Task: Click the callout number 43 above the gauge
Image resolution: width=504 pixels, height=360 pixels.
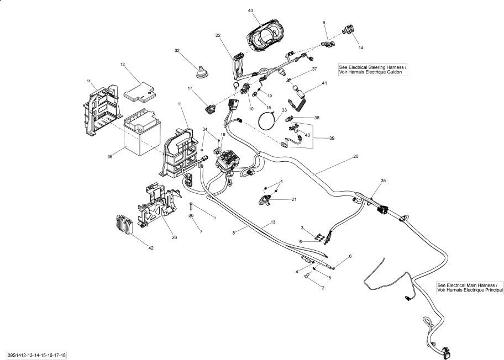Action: [250, 10]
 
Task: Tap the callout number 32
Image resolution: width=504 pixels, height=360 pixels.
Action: [177, 50]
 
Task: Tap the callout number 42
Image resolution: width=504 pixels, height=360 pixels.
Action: [150, 248]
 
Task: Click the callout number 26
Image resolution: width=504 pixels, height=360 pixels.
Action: [174, 238]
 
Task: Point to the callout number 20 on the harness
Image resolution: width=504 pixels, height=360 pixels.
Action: [356, 157]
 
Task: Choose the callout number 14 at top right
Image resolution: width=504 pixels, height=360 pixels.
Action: [360, 48]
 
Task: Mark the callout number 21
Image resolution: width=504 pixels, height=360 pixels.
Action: [294, 199]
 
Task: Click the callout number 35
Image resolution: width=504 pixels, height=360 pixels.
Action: [383, 181]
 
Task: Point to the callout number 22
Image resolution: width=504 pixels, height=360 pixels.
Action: [218, 35]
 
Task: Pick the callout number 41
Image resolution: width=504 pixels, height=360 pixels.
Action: [324, 83]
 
